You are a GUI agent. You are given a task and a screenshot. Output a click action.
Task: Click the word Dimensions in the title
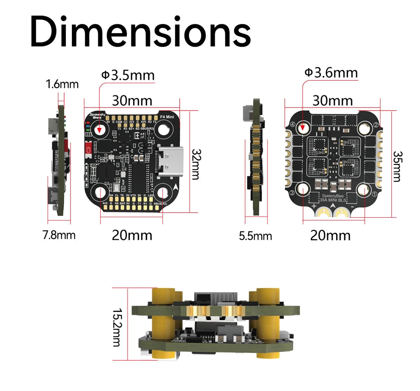(x=140, y=33)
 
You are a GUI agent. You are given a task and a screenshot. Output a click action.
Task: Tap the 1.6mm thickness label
(x=62, y=84)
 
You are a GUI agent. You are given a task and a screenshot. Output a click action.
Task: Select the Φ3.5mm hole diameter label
(x=128, y=75)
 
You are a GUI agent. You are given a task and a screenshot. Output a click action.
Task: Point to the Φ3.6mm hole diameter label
(x=331, y=73)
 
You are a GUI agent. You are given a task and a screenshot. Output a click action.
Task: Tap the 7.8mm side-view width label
(x=59, y=235)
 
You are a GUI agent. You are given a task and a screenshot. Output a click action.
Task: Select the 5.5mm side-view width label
(x=255, y=236)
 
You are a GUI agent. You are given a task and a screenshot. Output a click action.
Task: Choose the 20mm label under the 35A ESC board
(x=330, y=235)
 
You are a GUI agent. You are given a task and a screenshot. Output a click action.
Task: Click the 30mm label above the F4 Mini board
(x=132, y=101)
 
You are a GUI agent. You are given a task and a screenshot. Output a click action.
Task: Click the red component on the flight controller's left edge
(x=89, y=149)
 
